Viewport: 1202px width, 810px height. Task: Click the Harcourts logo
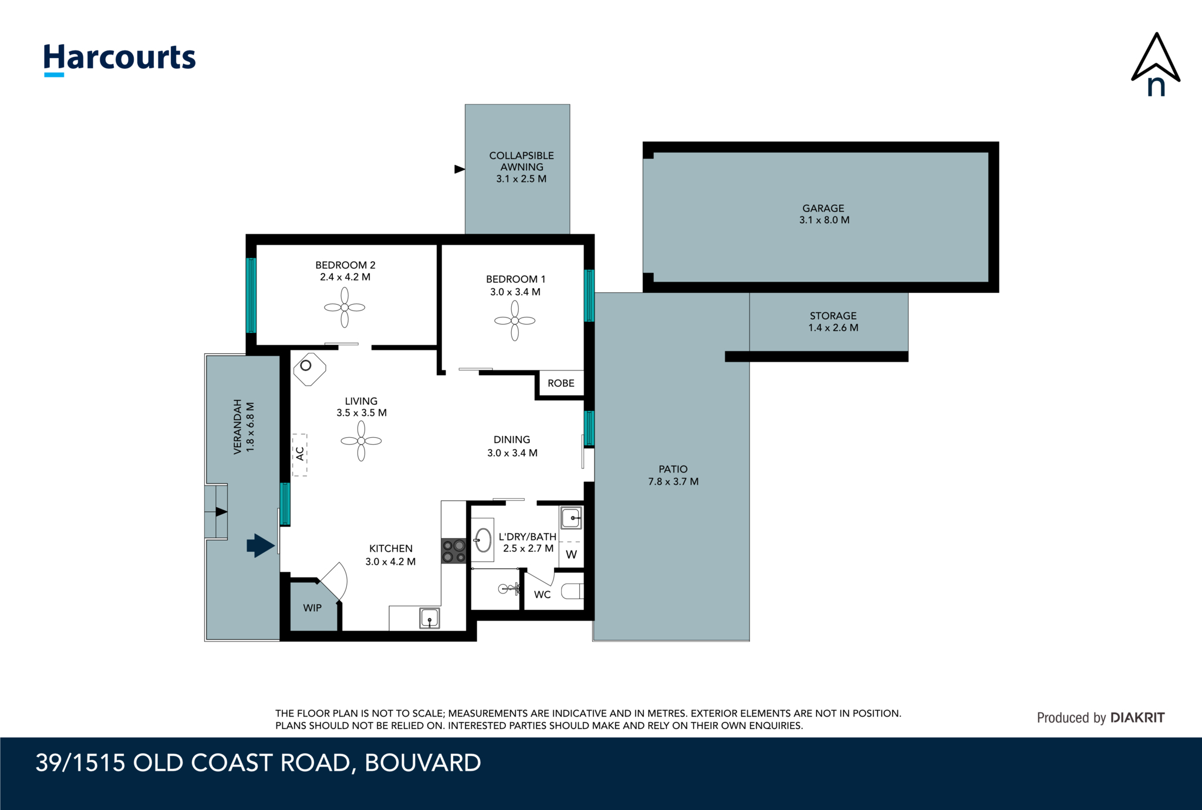pyautogui.click(x=120, y=59)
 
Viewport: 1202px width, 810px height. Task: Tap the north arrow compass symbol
pyautogui.click(x=1156, y=64)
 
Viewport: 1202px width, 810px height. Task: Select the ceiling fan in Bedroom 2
pyautogui.click(x=345, y=307)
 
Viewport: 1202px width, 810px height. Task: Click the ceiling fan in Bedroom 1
pyautogui.click(x=515, y=320)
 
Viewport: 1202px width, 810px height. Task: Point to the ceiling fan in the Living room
pyautogui.click(x=361, y=441)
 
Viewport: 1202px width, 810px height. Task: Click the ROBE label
pyautogui.click(x=561, y=383)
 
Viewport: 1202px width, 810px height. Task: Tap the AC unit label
pyautogui.click(x=300, y=454)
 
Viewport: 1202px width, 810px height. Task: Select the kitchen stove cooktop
pyautogui.click(x=454, y=551)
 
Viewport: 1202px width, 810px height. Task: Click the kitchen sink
pyautogui.click(x=430, y=618)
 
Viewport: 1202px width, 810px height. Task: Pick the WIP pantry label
pyautogui.click(x=312, y=608)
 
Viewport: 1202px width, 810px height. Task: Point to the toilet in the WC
pyautogui.click(x=572, y=591)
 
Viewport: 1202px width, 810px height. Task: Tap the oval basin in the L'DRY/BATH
pyautogui.click(x=483, y=540)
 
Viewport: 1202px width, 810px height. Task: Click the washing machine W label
pyautogui.click(x=571, y=555)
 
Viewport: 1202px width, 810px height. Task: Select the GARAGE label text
pyautogui.click(x=823, y=208)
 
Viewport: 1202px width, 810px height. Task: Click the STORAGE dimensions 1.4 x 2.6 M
pyautogui.click(x=833, y=328)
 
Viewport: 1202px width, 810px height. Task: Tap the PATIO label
pyautogui.click(x=673, y=469)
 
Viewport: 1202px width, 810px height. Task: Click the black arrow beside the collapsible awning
pyautogui.click(x=460, y=169)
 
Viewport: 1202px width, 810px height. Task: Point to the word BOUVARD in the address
pyautogui.click(x=423, y=763)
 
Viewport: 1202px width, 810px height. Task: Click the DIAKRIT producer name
pyautogui.click(x=1137, y=717)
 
